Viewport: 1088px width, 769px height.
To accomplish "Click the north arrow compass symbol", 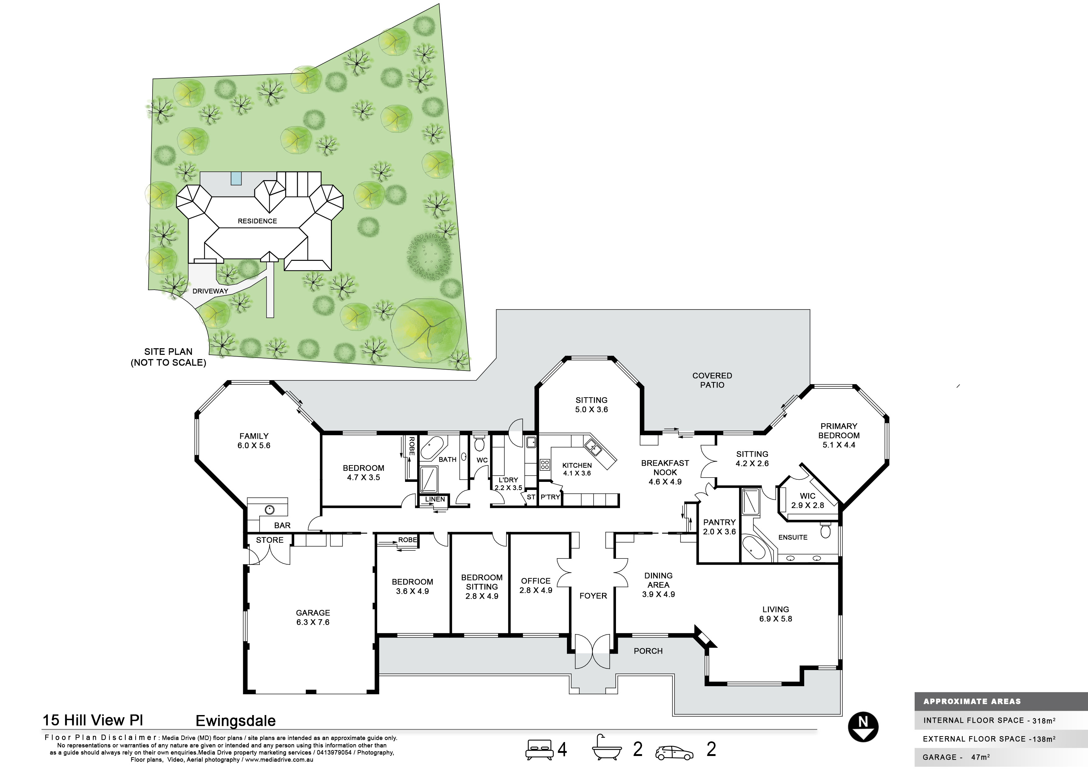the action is pyautogui.click(x=863, y=727).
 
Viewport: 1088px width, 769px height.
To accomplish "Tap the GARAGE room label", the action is pyautogui.click(x=313, y=613).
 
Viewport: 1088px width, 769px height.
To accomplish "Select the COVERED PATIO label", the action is pyautogui.click(x=712, y=380).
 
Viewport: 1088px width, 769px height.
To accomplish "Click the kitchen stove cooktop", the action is pyautogui.click(x=545, y=464).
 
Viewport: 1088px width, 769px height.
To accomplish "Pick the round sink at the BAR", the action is pyautogui.click(x=270, y=510).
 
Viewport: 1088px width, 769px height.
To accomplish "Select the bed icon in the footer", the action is pyautogui.click(x=539, y=749).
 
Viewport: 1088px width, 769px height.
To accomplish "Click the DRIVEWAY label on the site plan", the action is pyautogui.click(x=210, y=291).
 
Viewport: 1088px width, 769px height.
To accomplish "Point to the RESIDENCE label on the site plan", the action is pyautogui.click(x=257, y=221).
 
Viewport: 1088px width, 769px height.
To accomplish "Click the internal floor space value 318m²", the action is pyautogui.click(x=1044, y=721).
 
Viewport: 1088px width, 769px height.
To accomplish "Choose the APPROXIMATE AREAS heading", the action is pyautogui.click(x=972, y=701).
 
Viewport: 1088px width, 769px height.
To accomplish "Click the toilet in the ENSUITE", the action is pyautogui.click(x=826, y=530).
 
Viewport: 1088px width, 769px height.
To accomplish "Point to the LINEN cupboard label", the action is pyautogui.click(x=435, y=499).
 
